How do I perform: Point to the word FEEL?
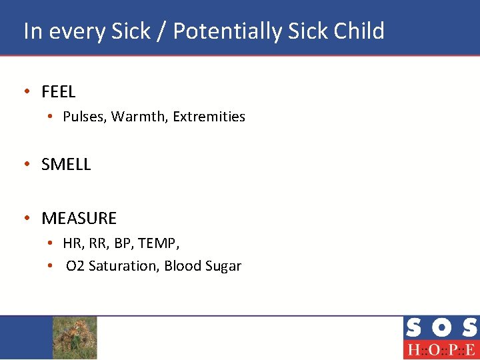[x=59, y=92]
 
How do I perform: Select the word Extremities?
[x=209, y=117]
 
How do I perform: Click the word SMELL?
[x=66, y=165]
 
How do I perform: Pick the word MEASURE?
[x=79, y=218]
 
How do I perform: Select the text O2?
[x=75, y=266]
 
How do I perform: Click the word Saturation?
[x=124, y=266]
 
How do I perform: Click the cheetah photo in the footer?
[x=75, y=337]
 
